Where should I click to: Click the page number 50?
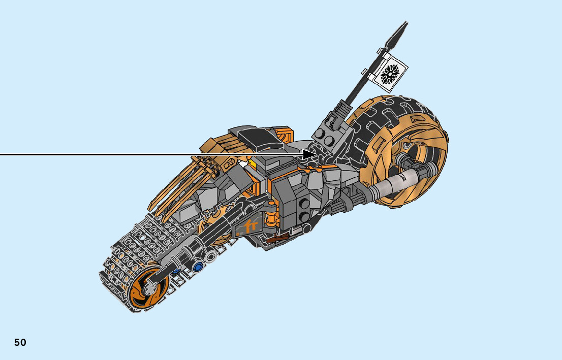[20, 342]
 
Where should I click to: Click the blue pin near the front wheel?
[199, 265]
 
